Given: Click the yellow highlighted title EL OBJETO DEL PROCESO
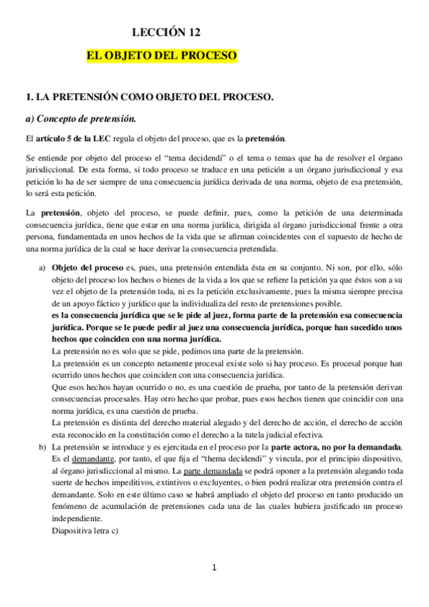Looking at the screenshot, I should click(x=162, y=55).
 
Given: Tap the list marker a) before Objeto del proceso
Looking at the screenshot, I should click(x=41, y=268).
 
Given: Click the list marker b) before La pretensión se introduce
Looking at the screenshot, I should click(x=41, y=447).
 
